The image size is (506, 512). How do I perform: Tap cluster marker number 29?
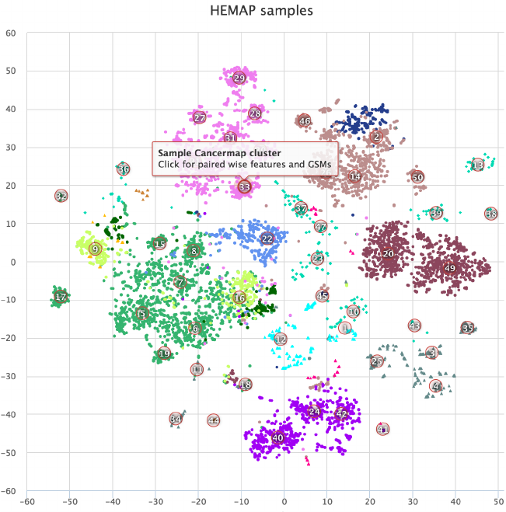click(239, 78)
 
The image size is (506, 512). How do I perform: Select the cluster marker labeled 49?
click(449, 268)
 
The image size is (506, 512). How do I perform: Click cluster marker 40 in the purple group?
click(277, 438)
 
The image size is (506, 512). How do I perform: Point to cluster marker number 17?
click(61, 297)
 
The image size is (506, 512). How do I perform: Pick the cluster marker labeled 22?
click(267, 239)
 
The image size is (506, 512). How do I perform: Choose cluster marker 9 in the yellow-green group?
click(95, 249)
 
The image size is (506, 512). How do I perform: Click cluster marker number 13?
click(478, 165)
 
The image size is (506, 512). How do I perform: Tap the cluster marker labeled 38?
click(490, 214)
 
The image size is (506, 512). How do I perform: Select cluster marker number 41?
click(382, 429)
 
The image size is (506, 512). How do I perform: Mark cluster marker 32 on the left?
click(61, 197)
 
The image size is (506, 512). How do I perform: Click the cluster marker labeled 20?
click(389, 253)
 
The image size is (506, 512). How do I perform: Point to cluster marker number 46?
click(304, 121)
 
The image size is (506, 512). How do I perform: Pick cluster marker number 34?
click(176, 420)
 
